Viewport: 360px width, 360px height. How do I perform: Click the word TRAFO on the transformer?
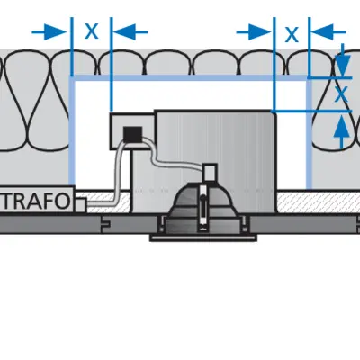coord(37,201)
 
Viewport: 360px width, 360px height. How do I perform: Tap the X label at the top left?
coord(92,31)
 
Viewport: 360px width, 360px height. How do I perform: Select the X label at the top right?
coord(292,34)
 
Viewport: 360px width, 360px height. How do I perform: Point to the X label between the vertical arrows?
coord(341,94)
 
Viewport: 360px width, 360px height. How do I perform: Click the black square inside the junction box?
coord(133,134)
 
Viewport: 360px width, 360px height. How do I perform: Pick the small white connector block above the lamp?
coord(210,173)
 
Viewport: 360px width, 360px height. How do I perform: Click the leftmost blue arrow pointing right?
coord(49,31)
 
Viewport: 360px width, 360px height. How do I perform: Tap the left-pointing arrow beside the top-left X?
coord(130,31)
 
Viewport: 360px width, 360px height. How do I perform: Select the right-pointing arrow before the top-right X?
coord(254,31)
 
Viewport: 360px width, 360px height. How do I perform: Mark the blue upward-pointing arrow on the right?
coord(342,132)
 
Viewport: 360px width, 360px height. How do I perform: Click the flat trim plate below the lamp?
coord(203,238)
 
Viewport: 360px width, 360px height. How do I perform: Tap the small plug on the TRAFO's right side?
coord(81,204)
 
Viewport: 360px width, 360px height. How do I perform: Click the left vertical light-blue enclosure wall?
coord(72,130)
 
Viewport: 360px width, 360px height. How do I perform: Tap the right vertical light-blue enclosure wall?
coord(309,133)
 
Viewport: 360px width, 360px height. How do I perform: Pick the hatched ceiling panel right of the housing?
coord(318,202)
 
